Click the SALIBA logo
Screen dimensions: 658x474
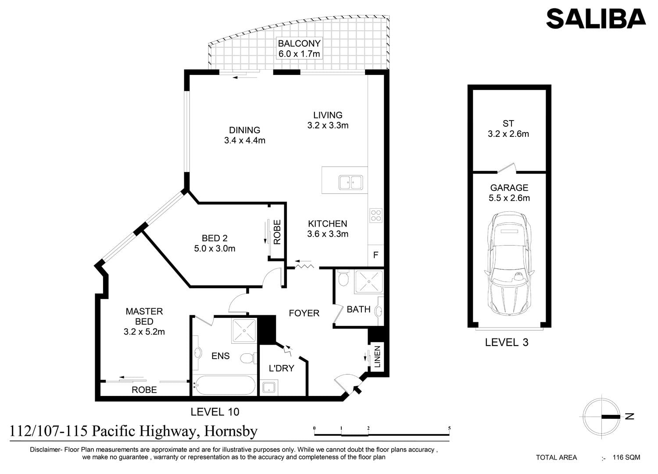596,19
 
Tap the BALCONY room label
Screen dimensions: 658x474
299,43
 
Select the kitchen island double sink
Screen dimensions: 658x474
351,182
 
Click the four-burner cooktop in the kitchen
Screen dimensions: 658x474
375,215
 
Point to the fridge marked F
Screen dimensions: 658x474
375,255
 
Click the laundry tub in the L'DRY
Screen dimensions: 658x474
269,387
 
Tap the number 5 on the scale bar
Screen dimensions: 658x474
450,428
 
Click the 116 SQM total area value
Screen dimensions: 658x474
626,457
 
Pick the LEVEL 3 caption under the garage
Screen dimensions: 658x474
507,342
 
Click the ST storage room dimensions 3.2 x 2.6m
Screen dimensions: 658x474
508,134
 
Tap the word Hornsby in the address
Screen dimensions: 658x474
231,431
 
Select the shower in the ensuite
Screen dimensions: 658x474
244,330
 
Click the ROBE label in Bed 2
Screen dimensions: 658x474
277,232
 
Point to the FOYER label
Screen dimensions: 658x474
304,313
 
